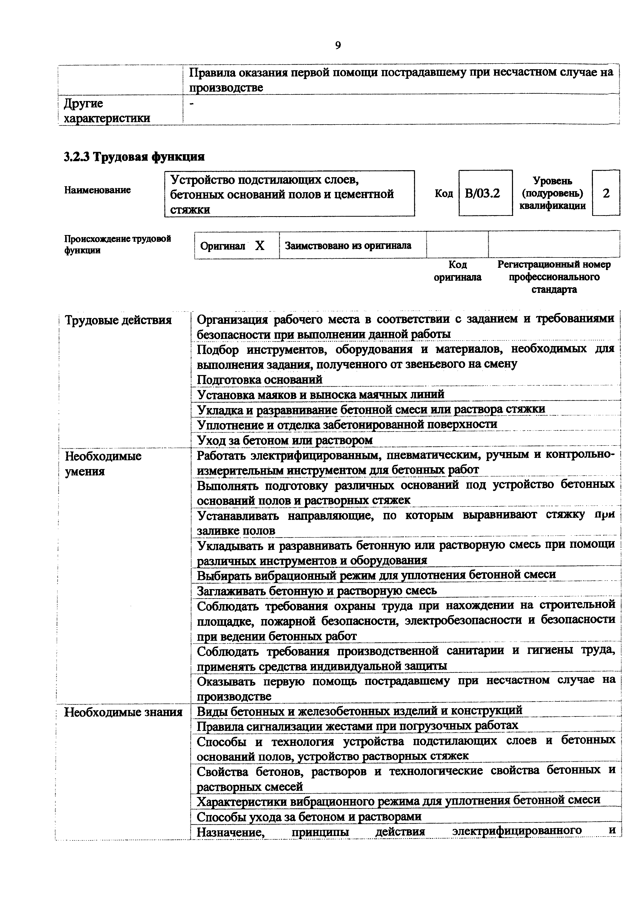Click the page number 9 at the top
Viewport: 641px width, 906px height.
pyautogui.click(x=338, y=46)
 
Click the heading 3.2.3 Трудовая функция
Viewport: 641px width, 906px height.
pyautogui.click(x=134, y=157)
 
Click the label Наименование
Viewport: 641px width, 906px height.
pyautogui.click(x=97, y=190)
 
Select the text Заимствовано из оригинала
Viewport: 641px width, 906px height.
pyautogui.click(x=348, y=245)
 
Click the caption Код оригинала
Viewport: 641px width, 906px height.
pyautogui.click(x=457, y=271)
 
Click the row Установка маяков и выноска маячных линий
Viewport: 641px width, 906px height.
pyautogui.click(x=320, y=394)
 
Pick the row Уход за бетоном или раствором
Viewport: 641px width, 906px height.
pyautogui.click(x=284, y=440)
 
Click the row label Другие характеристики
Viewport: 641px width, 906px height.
pyautogui.click(x=107, y=111)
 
